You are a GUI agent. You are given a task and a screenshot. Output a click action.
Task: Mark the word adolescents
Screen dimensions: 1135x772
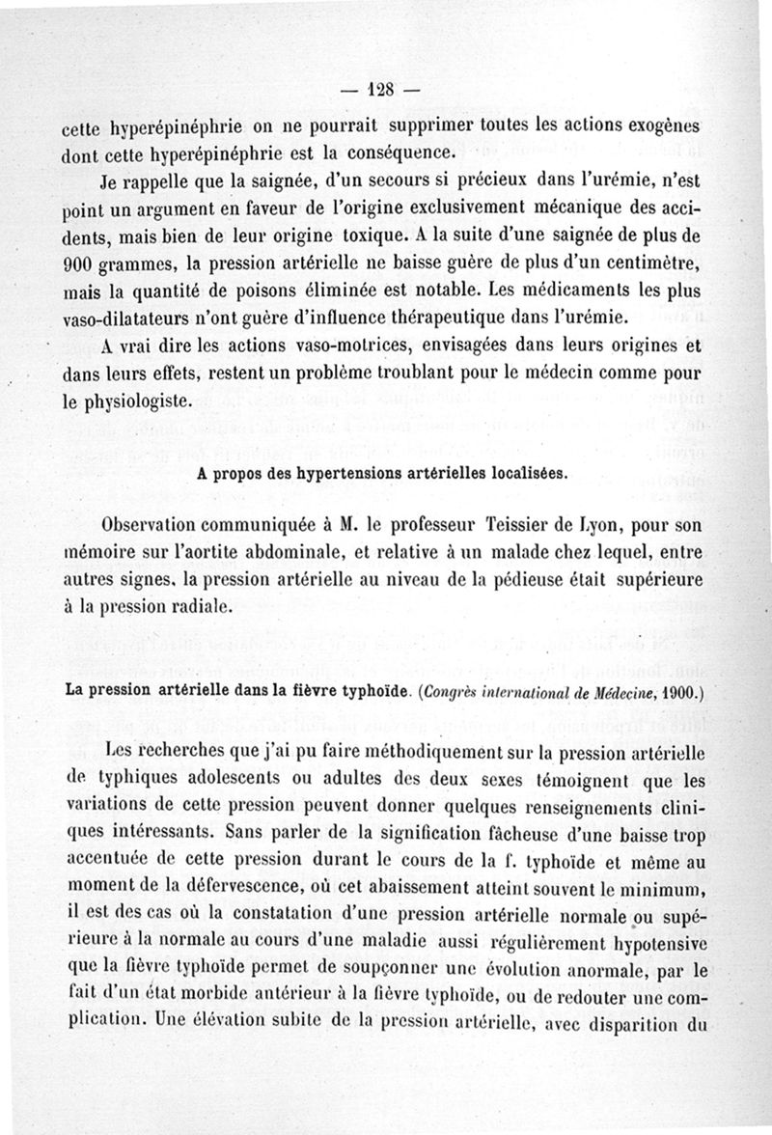point(212,778)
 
